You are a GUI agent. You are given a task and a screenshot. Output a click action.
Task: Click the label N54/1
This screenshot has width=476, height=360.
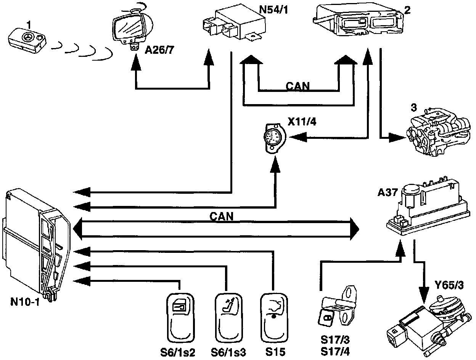click(274, 10)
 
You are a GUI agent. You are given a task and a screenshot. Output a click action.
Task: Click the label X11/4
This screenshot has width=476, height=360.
click(302, 122)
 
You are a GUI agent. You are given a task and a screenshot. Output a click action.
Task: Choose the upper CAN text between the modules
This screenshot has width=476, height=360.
click(297, 86)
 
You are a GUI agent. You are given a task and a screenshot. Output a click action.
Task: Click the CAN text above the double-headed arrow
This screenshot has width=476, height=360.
click(222, 216)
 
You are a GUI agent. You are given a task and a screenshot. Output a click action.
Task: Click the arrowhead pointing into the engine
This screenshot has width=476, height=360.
click(397, 138)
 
